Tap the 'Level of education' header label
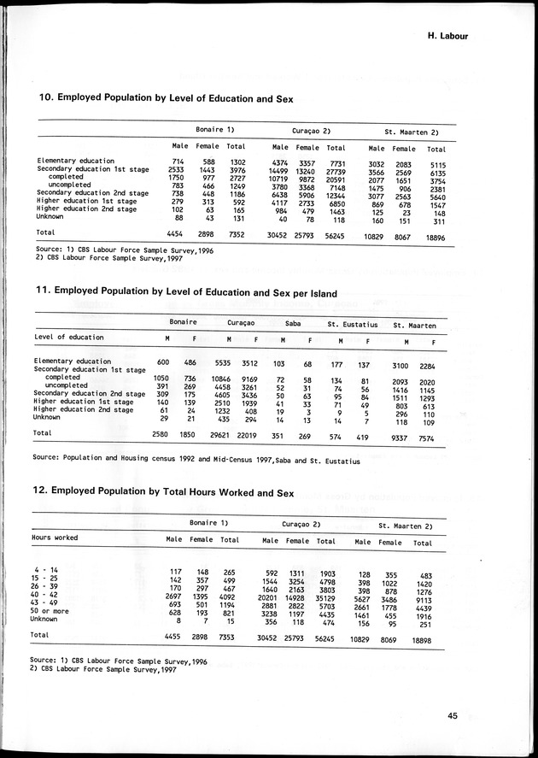click(68, 337)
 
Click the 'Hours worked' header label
click(56, 538)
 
